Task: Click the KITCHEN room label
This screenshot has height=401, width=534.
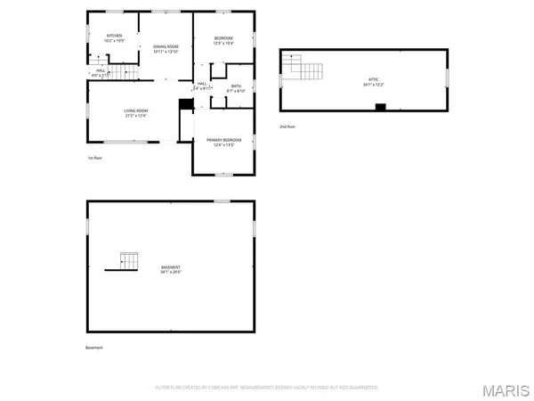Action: pyautogui.click(x=114, y=38)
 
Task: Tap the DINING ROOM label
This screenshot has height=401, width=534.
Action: pyautogui.click(x=166, y=49)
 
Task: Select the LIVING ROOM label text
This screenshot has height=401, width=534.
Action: pyautogui.click(x=135, y=112)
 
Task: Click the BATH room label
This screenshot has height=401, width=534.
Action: pyautogui.click(x=236, y=88)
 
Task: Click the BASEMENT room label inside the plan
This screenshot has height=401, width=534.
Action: pyautogui.click(x=171, y=270)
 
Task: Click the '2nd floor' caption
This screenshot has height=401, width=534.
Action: pyautogui.click(x=287, y=127)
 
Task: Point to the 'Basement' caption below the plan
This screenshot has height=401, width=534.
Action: pyautogui.click(x=94, y=348)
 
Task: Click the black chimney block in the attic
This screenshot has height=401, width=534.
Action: pyautogui.click(x=380, y=107)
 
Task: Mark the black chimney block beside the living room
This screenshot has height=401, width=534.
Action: pyautogui.click(x=185, y=104)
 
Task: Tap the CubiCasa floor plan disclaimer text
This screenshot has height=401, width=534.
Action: pyautogui.click(x=267, y=388)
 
